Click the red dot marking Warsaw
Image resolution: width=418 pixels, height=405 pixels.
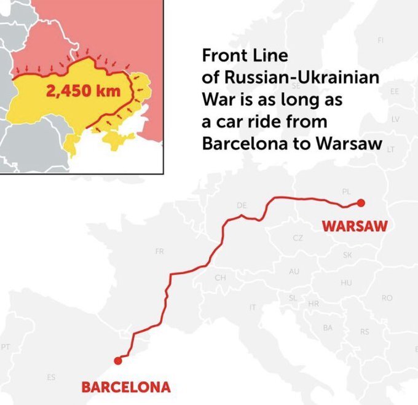tap(361, 203)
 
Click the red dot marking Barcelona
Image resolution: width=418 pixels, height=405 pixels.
tap(117, 361)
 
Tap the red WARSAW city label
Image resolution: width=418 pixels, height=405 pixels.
tap(355, 226)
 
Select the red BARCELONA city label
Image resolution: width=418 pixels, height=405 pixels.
tap(126, 388)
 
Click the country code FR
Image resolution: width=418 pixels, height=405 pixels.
tap(160, 251)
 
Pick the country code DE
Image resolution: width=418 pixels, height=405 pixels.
tap(241, 204)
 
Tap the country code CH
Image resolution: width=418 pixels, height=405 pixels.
tap(219, 278)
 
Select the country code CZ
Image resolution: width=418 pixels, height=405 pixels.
tap(298, 238)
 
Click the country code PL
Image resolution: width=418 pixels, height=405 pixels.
tap(347, 192)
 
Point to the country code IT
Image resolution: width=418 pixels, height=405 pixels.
tap(252, 307)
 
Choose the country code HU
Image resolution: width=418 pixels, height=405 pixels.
tap(346, 283)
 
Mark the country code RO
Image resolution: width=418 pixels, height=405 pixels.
tap(387, 298)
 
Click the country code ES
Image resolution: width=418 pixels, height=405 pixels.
tap(51, 376)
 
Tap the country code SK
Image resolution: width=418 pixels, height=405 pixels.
tap(347, 254)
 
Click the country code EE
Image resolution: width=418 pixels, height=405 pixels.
tap(394, 91)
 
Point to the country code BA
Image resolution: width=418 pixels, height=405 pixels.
tap(328, 328)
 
